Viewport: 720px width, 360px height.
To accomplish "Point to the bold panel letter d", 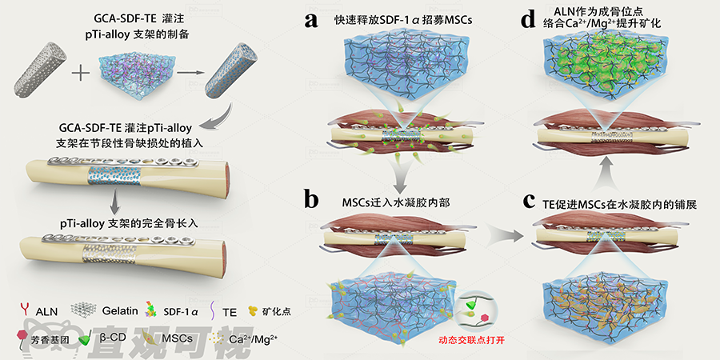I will click(528, 19).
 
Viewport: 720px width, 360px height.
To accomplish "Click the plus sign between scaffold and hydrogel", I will click(81, 76).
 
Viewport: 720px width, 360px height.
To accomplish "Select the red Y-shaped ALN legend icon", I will click(22, 310).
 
